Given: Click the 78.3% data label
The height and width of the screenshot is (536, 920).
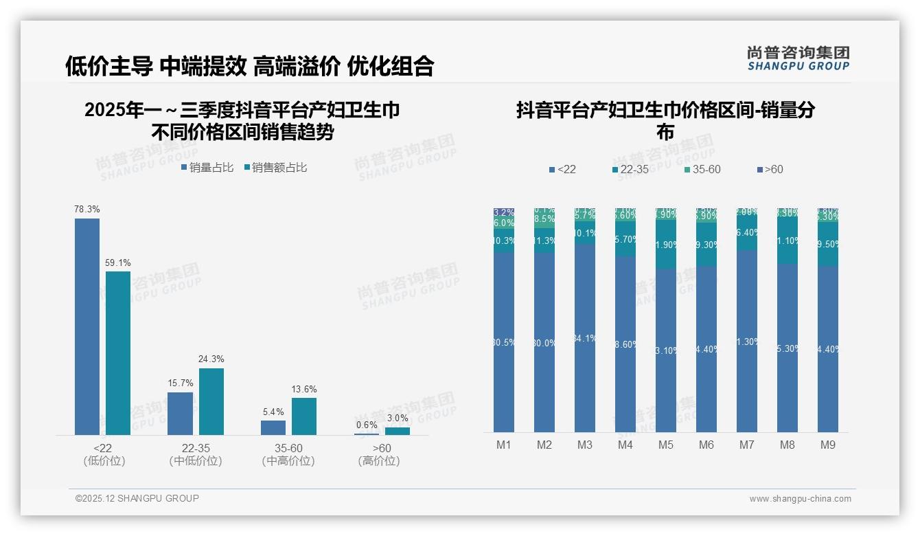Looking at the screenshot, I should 87,209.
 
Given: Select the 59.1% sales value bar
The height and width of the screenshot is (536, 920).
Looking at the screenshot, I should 118,353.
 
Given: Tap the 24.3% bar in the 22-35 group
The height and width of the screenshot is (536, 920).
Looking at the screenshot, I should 211,401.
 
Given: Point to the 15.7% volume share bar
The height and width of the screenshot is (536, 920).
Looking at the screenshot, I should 180,413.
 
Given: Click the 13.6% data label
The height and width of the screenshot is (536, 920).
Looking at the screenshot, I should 304,390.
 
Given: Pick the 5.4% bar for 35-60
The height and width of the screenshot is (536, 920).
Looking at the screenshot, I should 273,427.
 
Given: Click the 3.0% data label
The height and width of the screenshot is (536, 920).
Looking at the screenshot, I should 397,418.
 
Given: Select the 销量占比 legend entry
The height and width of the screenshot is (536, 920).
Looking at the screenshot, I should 207,168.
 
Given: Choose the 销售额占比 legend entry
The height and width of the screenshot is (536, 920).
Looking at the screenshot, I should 275,168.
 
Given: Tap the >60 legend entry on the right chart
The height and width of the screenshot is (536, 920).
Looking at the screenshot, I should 770,170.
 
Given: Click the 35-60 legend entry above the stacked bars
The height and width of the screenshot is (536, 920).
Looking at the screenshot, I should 702,170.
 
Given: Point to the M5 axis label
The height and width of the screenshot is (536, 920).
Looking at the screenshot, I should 666,445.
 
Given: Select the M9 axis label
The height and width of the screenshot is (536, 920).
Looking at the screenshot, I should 828,445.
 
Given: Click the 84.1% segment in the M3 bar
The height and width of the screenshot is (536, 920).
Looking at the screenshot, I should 585,338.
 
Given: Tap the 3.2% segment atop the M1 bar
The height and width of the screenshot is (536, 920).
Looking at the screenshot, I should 504,212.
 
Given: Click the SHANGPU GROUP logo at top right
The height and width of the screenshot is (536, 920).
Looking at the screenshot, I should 798,58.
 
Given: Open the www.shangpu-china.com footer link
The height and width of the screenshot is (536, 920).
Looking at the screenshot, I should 800,499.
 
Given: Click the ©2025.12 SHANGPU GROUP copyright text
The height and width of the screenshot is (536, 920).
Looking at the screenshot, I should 137,499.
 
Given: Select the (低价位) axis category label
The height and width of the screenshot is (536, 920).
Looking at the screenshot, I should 104,461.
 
